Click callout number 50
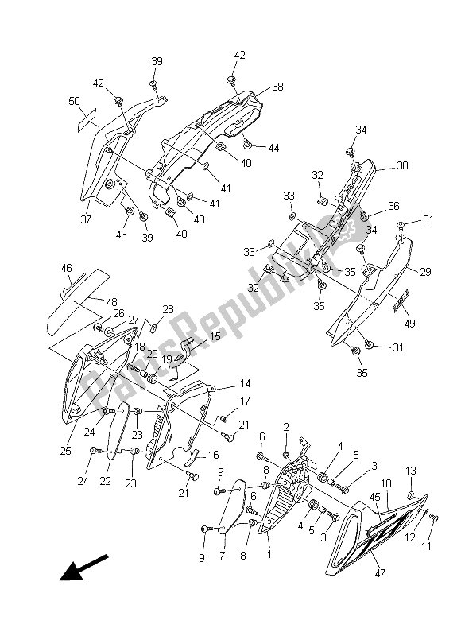74,101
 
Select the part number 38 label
277,87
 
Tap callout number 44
274,148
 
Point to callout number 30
402,165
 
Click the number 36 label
393,206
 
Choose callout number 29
425,272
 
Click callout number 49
409,324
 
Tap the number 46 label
67,268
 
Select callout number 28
168,310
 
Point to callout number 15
215,336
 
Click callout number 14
246,383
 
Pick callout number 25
66,451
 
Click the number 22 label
106,481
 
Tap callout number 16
213,456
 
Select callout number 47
380,572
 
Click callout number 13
411,471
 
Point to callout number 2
286,427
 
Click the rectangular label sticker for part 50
87,120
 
